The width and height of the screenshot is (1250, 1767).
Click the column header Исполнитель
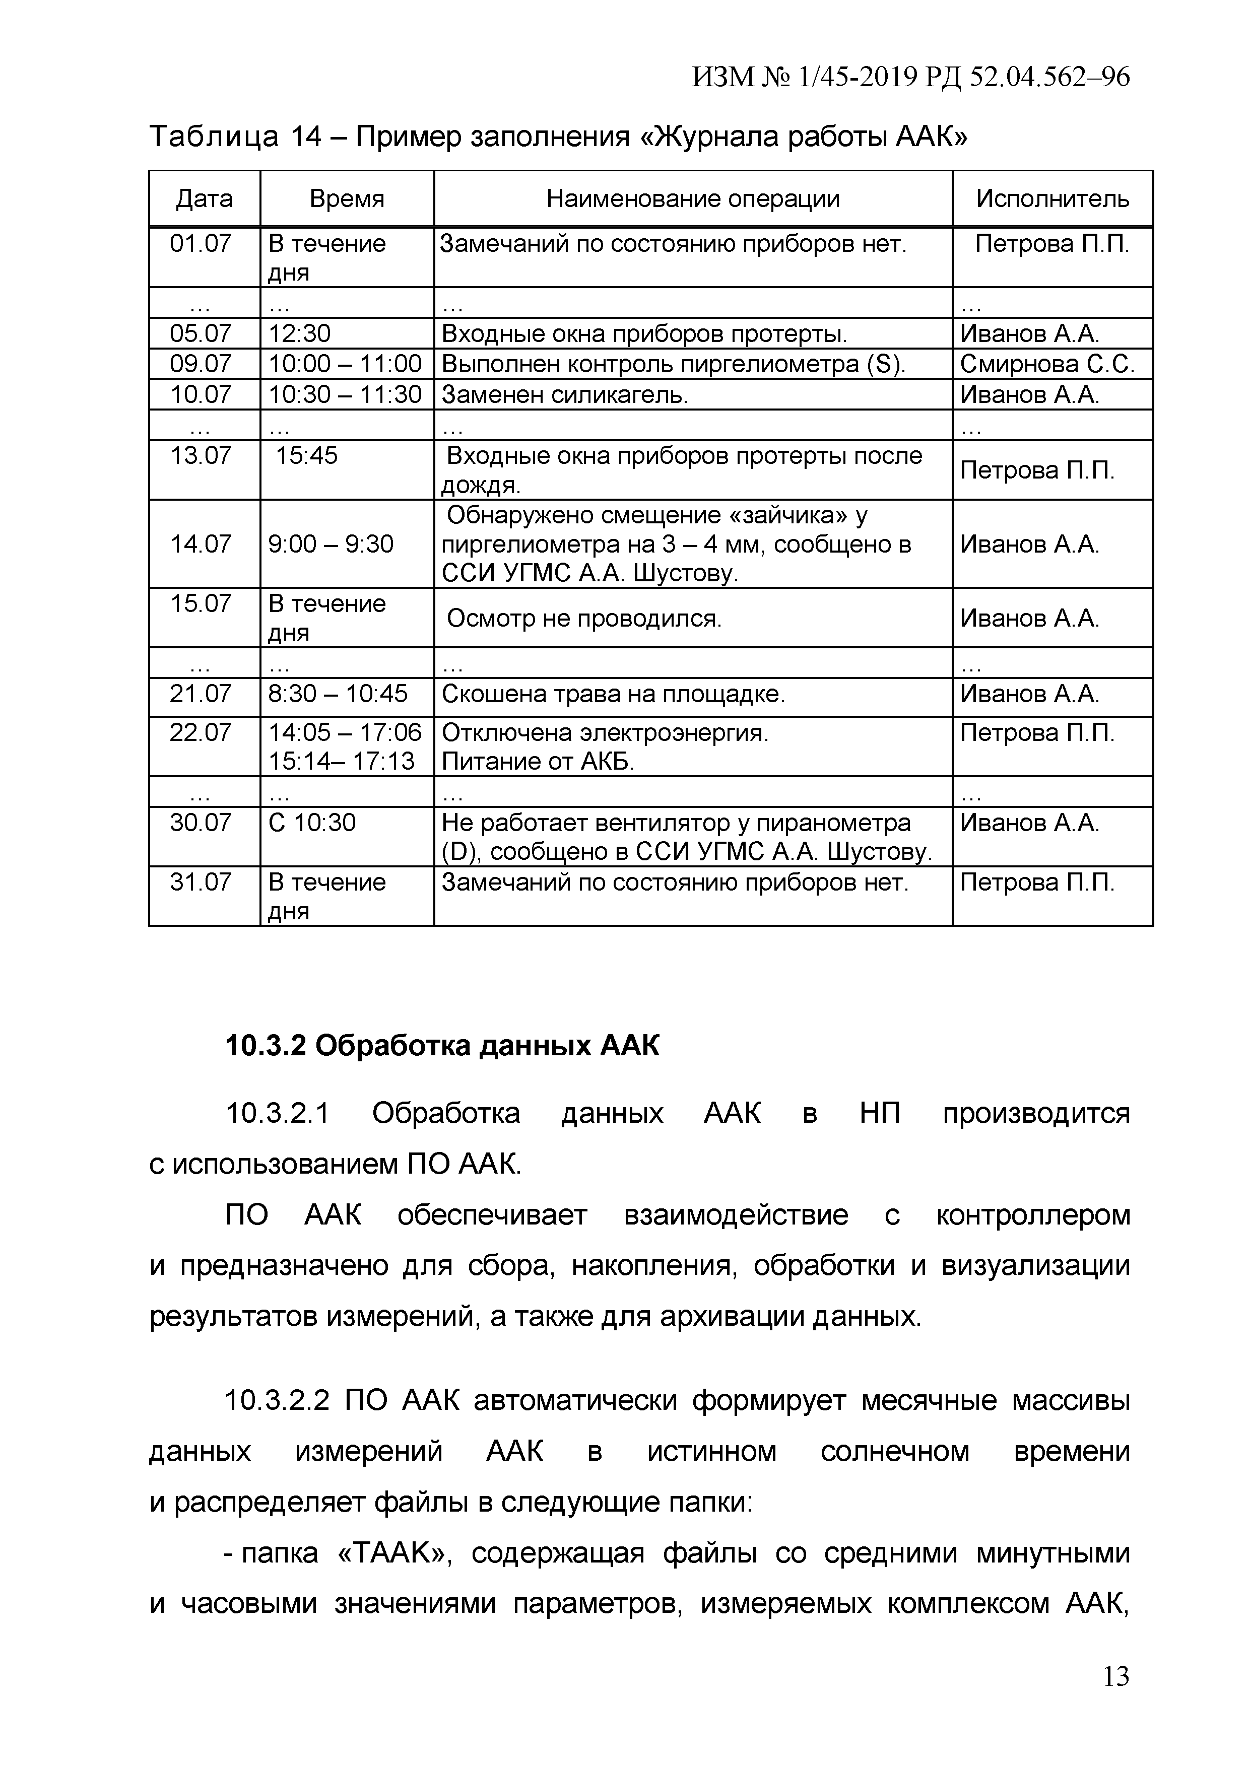point(1052,199)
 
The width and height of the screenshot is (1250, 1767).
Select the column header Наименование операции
point(693,199)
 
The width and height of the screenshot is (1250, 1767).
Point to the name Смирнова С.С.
point(1047,364)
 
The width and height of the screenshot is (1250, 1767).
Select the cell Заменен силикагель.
point(564,395)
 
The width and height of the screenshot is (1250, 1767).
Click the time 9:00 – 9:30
point(331,544)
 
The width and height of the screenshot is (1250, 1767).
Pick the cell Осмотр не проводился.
point(584,618)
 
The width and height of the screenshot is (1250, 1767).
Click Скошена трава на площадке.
point(613,694)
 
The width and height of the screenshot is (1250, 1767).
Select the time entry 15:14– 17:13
point(341,761)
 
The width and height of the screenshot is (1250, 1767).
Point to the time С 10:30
point(312,823)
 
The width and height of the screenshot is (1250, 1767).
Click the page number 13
point(1115,1697)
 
